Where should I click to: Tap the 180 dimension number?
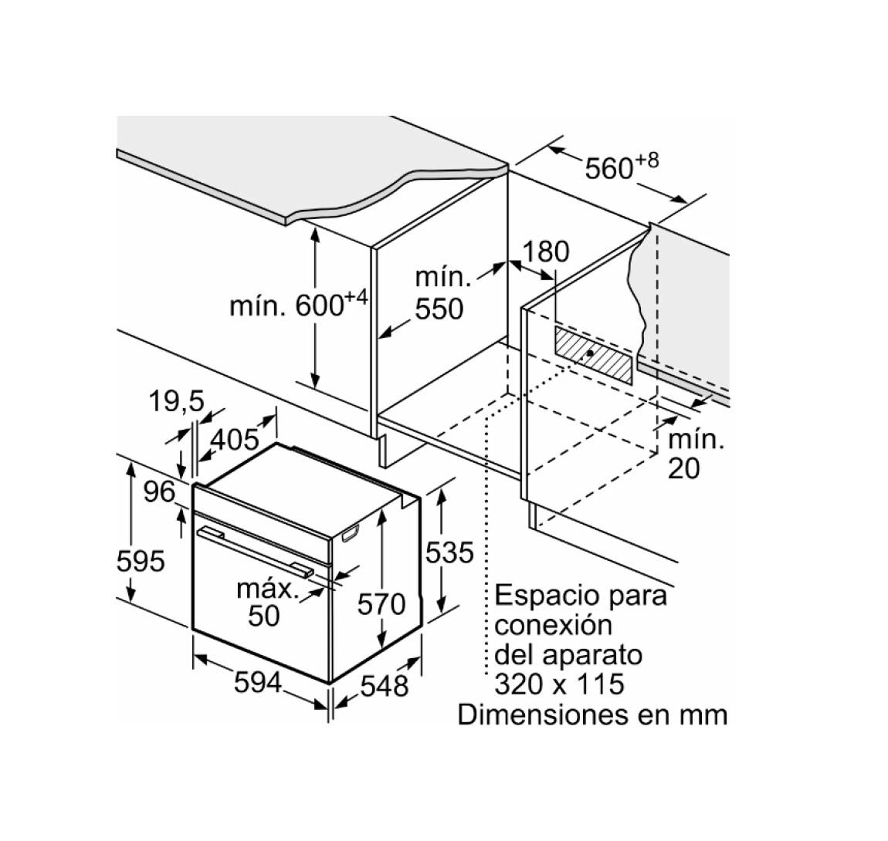coord(545,252)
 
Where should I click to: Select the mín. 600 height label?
coord(299,303)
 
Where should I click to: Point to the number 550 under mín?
coord(439,309)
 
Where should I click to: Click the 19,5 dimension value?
coord(176,401)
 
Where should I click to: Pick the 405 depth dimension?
coord(235,438)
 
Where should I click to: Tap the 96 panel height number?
coord(159,491)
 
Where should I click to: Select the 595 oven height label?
coord(141,562)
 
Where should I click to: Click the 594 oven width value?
coord(258,682)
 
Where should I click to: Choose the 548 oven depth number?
coord(384,686)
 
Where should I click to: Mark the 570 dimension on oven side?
coord(381,604)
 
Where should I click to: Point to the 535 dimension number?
coord(449,552)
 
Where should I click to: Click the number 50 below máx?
coord(264,615)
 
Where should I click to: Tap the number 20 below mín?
coord(683,468)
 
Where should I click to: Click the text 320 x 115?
coord(559,683)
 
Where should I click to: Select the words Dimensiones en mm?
coord(592,714)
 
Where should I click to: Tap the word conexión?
coord(554,625)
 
